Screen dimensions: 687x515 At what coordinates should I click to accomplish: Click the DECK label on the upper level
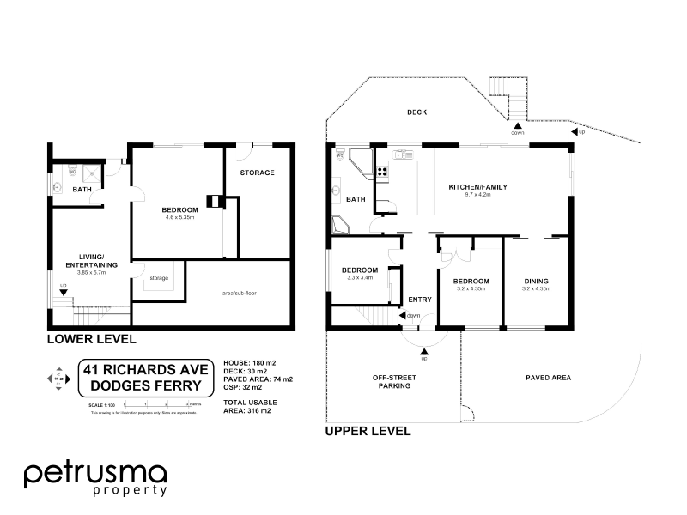(x=416, y=112)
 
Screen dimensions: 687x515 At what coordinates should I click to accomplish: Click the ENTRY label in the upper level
(x=420, y=300)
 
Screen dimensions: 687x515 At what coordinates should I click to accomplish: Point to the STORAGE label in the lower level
(x=257, y=173)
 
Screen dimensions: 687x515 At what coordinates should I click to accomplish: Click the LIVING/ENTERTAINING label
(x=91, y=261)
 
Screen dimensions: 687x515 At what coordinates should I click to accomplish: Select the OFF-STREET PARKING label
(x=391, y=382)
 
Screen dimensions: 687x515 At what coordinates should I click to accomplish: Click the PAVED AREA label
(x=548, y=377)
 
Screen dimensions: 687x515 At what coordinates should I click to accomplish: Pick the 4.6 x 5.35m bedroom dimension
(x=180, y=218)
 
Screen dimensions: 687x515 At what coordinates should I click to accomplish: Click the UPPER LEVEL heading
(x=368, y=431)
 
